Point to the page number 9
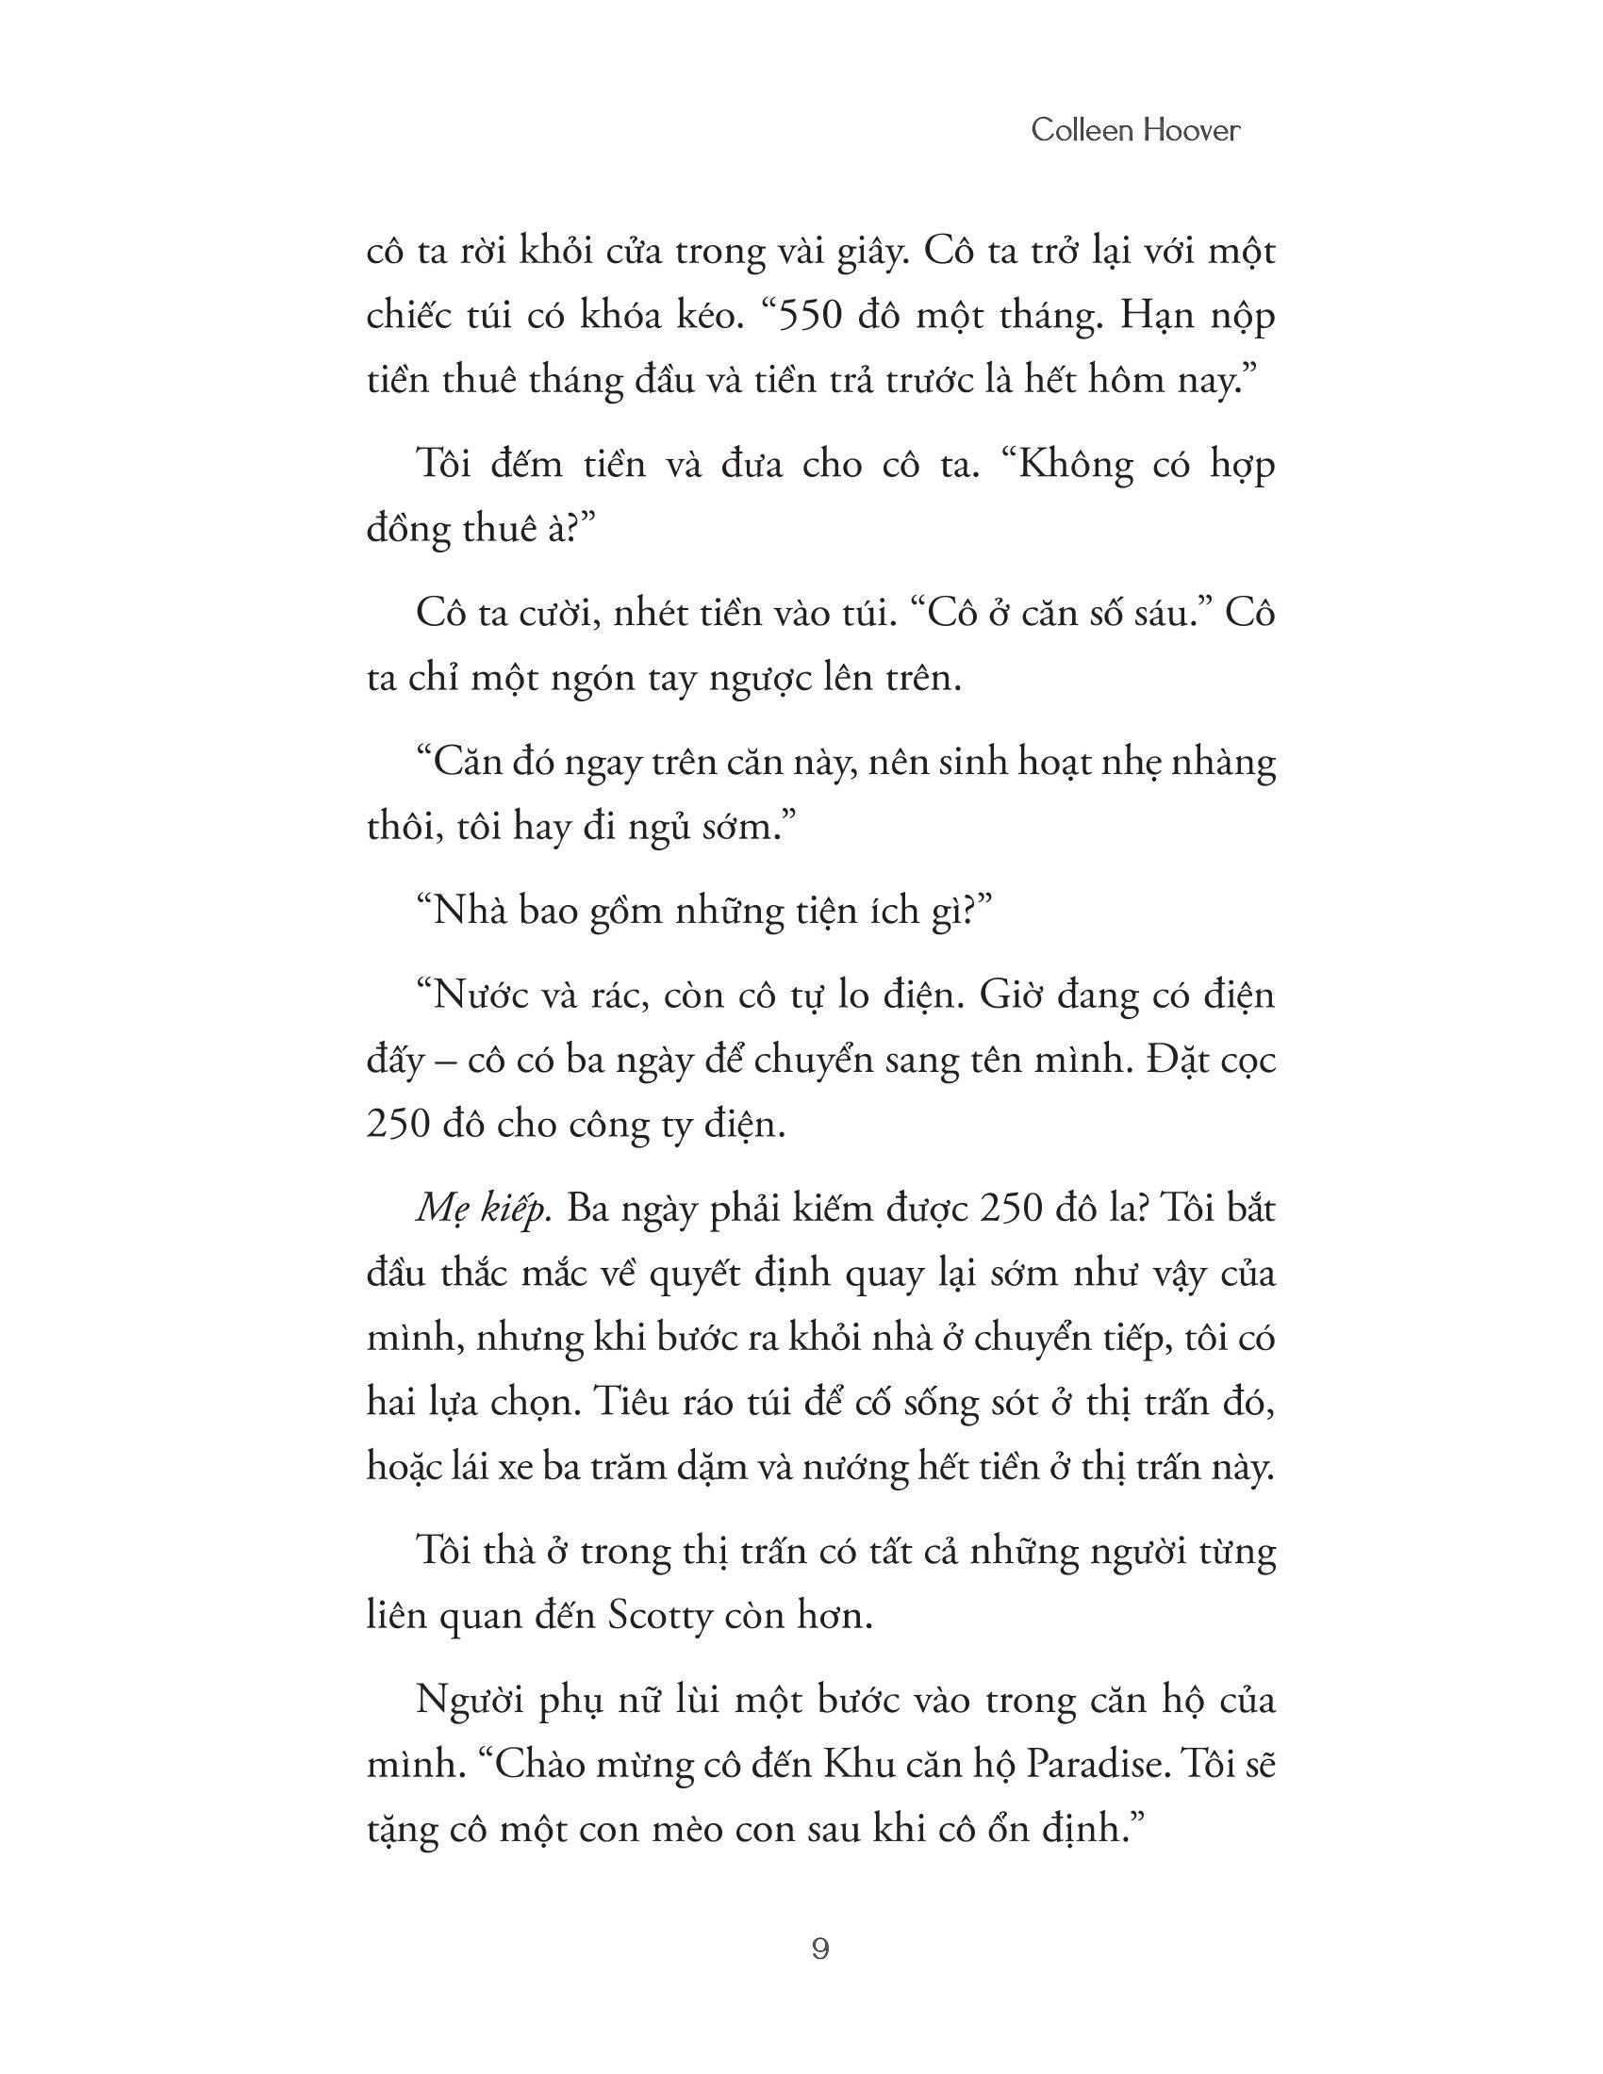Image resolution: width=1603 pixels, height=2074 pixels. (x=821, y=1950)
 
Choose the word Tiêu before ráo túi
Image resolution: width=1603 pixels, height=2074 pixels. (x=636, y=1403)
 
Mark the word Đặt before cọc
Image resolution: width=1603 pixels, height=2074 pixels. (x=1178, y=1061)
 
